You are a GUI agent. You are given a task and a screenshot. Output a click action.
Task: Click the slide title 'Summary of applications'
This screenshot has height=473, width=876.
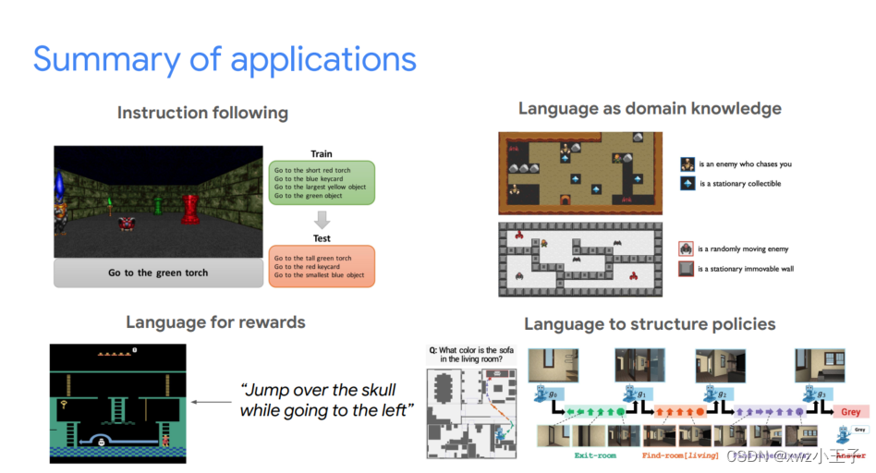[225, 59]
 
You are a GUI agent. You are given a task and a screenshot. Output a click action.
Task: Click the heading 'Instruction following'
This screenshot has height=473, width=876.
[202, 113]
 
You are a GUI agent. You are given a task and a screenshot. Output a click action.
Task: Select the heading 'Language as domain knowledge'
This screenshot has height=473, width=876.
[650, 108]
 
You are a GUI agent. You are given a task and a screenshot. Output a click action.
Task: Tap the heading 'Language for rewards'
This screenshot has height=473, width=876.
[215, 322]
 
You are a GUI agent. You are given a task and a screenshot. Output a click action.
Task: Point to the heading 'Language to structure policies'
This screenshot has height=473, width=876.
[650, 324]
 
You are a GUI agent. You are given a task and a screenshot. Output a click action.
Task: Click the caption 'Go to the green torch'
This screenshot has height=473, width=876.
[158, 273]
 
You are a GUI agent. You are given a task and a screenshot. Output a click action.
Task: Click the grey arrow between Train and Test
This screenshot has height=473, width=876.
[322, 220]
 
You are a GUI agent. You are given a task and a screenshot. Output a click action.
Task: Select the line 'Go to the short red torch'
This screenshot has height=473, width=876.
[312, 170]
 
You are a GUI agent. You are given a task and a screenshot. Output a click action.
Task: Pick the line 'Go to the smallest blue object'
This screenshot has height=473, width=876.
[319, 275]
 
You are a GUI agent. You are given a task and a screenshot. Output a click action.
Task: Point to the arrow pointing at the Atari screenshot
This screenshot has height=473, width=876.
[212, 402]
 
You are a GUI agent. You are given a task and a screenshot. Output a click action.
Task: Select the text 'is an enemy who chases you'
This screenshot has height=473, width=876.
[746, 164]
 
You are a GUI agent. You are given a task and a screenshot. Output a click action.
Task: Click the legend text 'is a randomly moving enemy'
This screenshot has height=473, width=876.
[744, 249]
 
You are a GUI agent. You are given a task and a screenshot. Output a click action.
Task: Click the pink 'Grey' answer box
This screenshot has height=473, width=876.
[851, 412]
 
